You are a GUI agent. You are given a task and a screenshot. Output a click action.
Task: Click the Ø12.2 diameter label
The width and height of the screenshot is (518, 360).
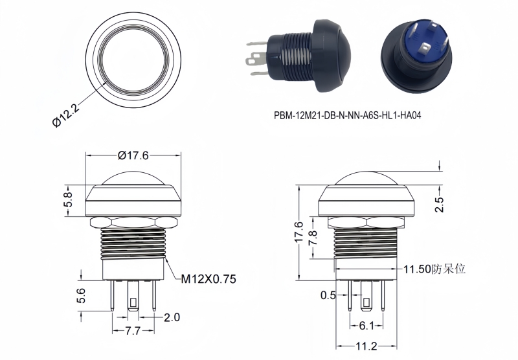[x=67, y=115]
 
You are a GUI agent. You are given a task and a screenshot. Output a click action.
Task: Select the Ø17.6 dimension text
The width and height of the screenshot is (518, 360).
[x=133, y=155]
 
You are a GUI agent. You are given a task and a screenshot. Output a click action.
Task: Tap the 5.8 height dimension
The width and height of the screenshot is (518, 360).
[x=68, y=199]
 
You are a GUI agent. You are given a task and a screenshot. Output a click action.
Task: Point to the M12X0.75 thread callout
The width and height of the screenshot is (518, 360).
[x=208, y=279]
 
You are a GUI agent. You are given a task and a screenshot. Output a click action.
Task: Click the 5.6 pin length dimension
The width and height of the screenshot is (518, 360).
[x=81, y=296]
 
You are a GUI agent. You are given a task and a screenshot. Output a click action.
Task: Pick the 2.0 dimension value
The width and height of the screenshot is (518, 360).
[x=172, y=317]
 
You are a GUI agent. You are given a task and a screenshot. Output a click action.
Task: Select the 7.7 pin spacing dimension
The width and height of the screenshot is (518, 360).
[x=133, y=331]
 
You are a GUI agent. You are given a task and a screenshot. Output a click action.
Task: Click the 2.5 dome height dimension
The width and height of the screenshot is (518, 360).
[x=440, y=205]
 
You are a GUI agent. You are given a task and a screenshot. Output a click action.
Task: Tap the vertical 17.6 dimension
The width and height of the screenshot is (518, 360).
[x=298, y=232]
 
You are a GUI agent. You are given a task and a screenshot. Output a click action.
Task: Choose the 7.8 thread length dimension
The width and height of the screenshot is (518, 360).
[x=313, y=238]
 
